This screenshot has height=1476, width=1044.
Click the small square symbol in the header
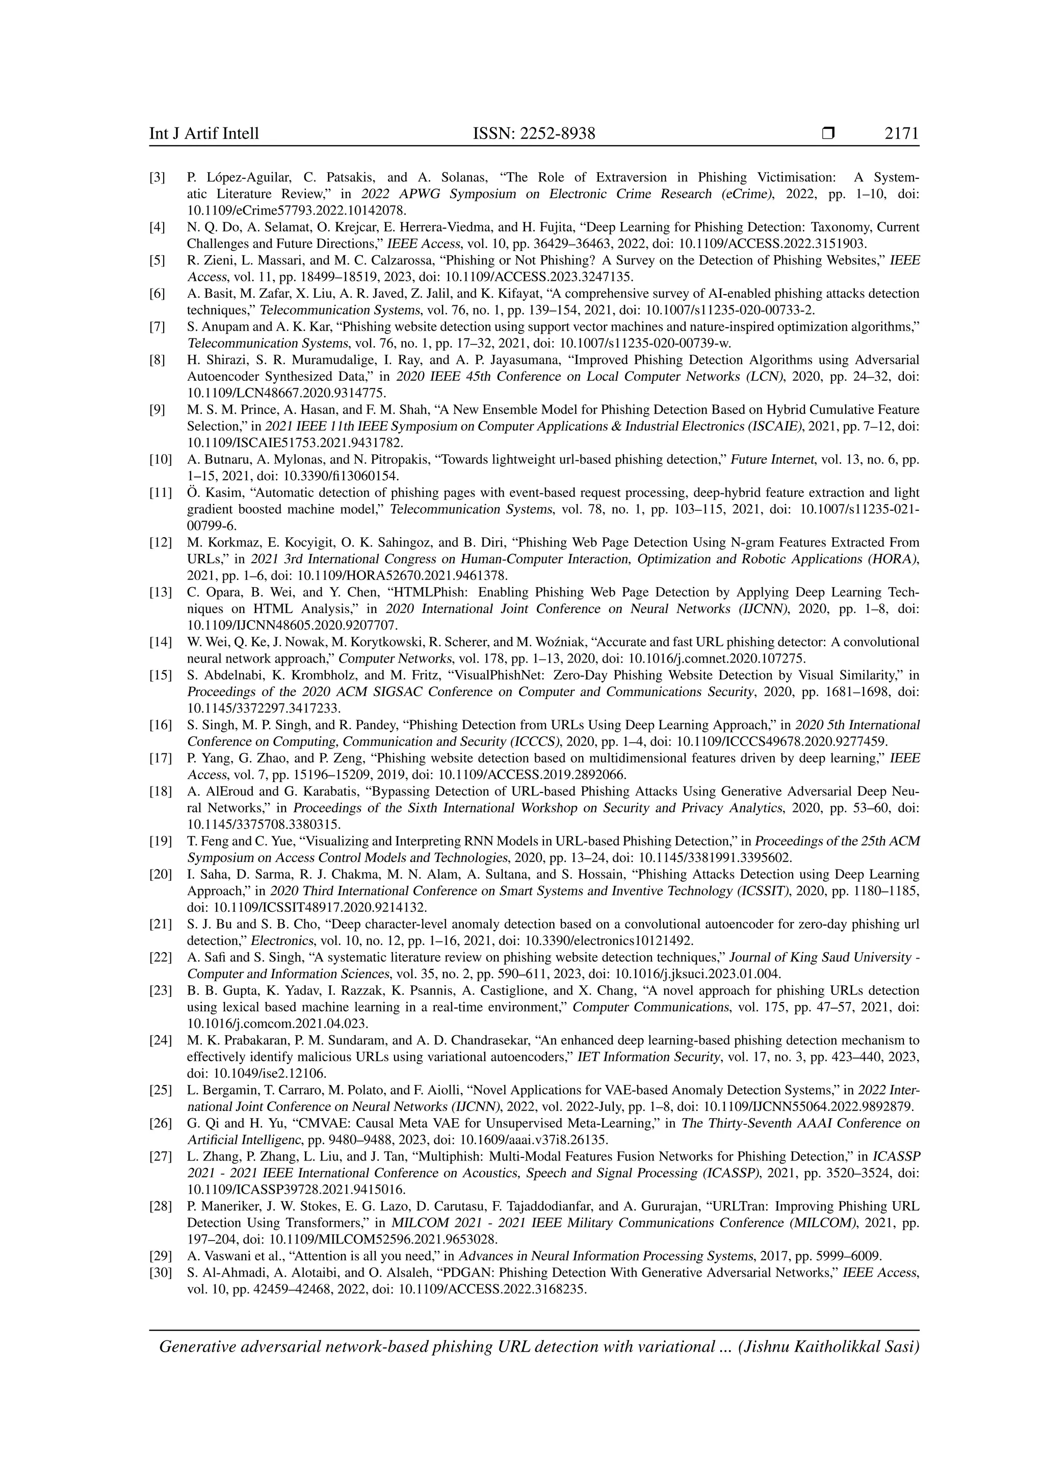[828, 134]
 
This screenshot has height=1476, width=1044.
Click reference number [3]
[158, 177]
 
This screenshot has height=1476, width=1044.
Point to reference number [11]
[160, 493]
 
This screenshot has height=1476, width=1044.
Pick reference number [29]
[160, 1256]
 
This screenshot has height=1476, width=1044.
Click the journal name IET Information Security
[645, 1057]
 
